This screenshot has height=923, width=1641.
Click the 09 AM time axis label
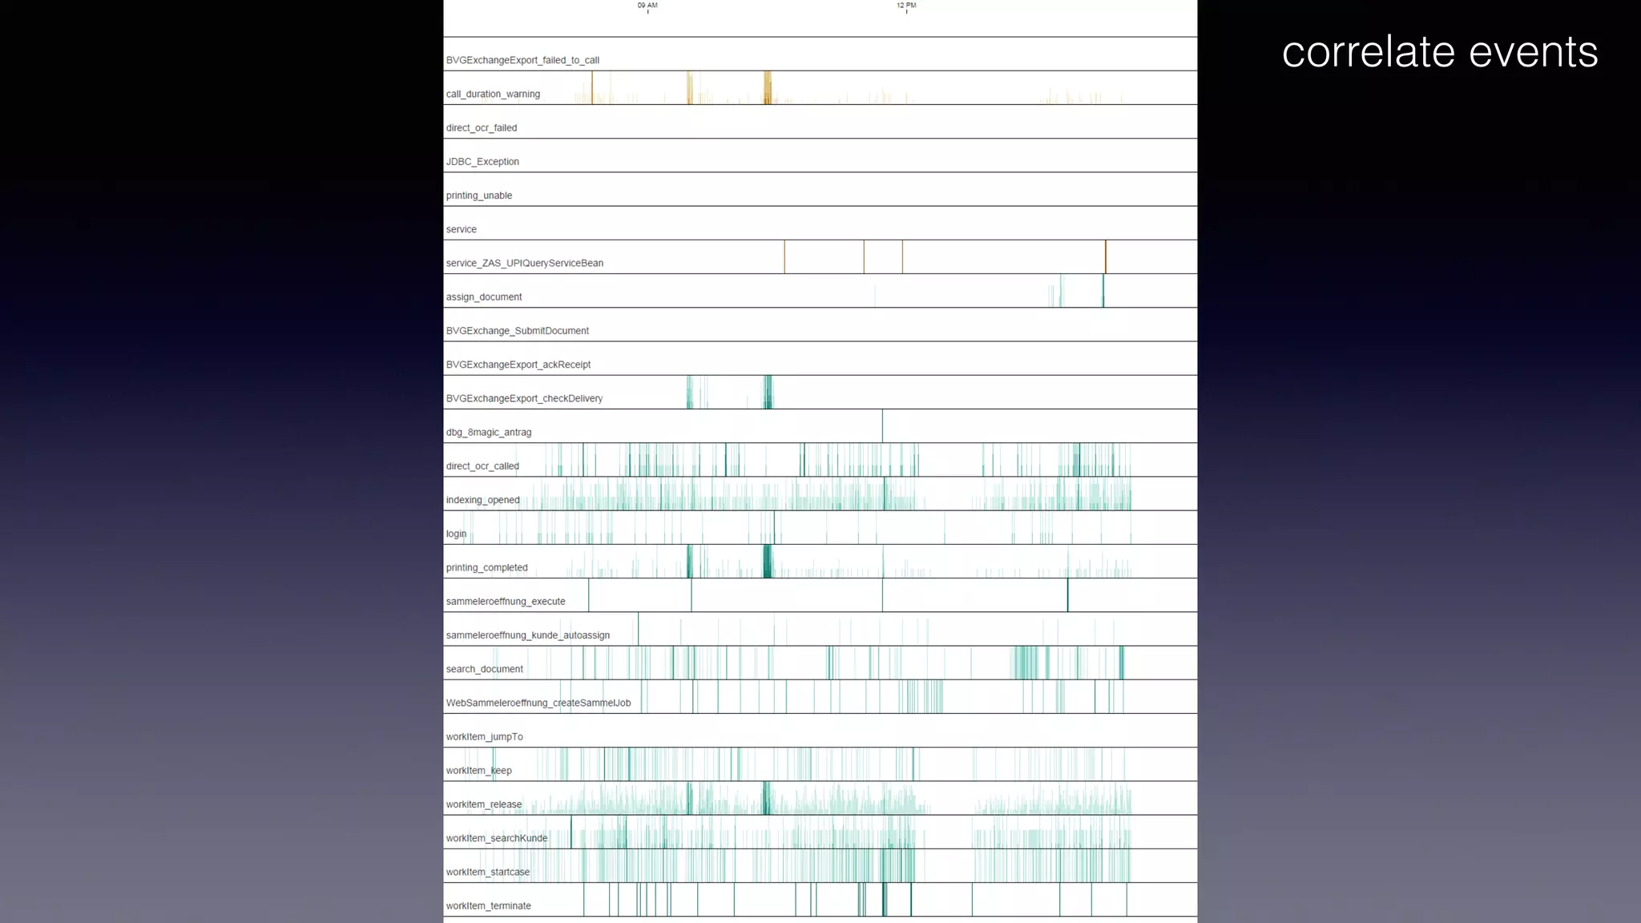[647, 6]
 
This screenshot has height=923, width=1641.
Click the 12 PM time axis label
[906, 6]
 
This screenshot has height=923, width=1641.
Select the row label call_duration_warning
[493, 95]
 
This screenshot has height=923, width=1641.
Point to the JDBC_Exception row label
[482, 162]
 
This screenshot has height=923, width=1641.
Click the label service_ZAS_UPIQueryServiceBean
[524, 264]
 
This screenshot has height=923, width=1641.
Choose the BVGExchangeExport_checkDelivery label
[524, 399]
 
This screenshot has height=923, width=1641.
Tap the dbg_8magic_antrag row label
[488, 433]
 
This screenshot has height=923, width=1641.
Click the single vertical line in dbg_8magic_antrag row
[882, 426]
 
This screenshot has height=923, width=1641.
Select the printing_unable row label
[478, 195]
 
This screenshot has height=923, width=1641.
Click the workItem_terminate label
[488, 906]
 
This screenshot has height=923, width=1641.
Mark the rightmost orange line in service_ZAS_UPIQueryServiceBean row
[1106, 257]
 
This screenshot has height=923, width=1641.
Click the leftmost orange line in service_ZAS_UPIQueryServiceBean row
[784, 257]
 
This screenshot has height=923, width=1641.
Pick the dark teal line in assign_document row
[1103, 291]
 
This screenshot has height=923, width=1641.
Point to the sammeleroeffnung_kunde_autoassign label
[527, 635]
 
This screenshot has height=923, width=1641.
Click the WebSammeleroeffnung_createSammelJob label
[538, 703]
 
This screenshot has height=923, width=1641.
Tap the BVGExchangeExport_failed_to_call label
[522, 61]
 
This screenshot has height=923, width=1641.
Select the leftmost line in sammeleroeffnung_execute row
[588, 595]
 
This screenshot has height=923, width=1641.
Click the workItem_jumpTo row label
[484, 737]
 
